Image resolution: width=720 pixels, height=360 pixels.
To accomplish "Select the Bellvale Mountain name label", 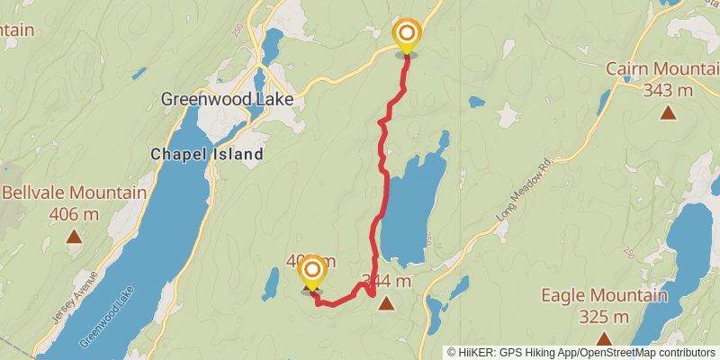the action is click(x=74, y=193).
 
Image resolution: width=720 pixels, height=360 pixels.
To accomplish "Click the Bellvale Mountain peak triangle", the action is click(x=74, y=237).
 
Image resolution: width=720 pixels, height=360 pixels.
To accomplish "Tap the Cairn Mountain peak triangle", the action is click(x=668, y=112).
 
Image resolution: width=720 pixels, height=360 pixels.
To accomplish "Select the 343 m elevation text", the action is click(x=667, y=90).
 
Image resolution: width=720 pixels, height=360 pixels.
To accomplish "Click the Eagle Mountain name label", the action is click(x=604, y=296).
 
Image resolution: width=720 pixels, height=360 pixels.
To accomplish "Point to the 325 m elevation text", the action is click(x=604, y=317).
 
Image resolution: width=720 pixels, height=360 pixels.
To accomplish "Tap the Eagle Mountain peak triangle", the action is click(x=604, y=339).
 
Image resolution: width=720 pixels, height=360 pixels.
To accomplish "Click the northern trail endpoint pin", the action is click(x=407, y=37).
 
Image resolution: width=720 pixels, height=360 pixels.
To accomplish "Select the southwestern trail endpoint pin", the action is click(x=312, y=273).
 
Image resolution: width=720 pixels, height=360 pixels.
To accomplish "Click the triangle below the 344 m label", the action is click(x=386, y=303).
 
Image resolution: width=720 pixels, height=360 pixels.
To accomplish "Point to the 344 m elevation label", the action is click(x=387, y=282).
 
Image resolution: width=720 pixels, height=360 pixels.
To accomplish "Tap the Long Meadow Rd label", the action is click(x=522, y=192).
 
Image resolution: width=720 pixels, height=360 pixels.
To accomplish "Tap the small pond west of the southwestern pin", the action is click(x=271, y=284).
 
